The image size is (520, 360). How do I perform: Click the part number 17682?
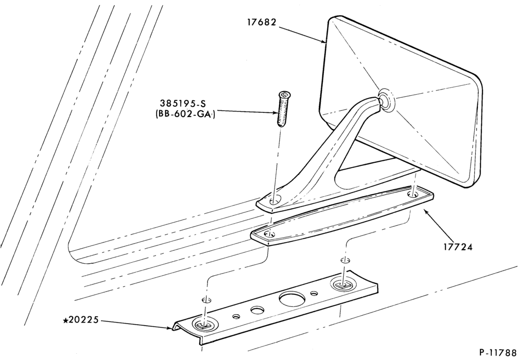(x=262, y=22)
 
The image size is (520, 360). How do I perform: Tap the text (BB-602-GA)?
(x=185, y=114)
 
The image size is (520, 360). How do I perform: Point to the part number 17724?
(x=458, y=247)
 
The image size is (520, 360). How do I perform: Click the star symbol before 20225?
(x=66, y=320)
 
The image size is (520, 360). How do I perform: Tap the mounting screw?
(x=282, y=109)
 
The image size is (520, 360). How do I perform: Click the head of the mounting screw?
(x=283, y=94)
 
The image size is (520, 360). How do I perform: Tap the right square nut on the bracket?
(x=342, y=285)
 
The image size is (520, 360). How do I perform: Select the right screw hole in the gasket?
(x=412, y=195)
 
